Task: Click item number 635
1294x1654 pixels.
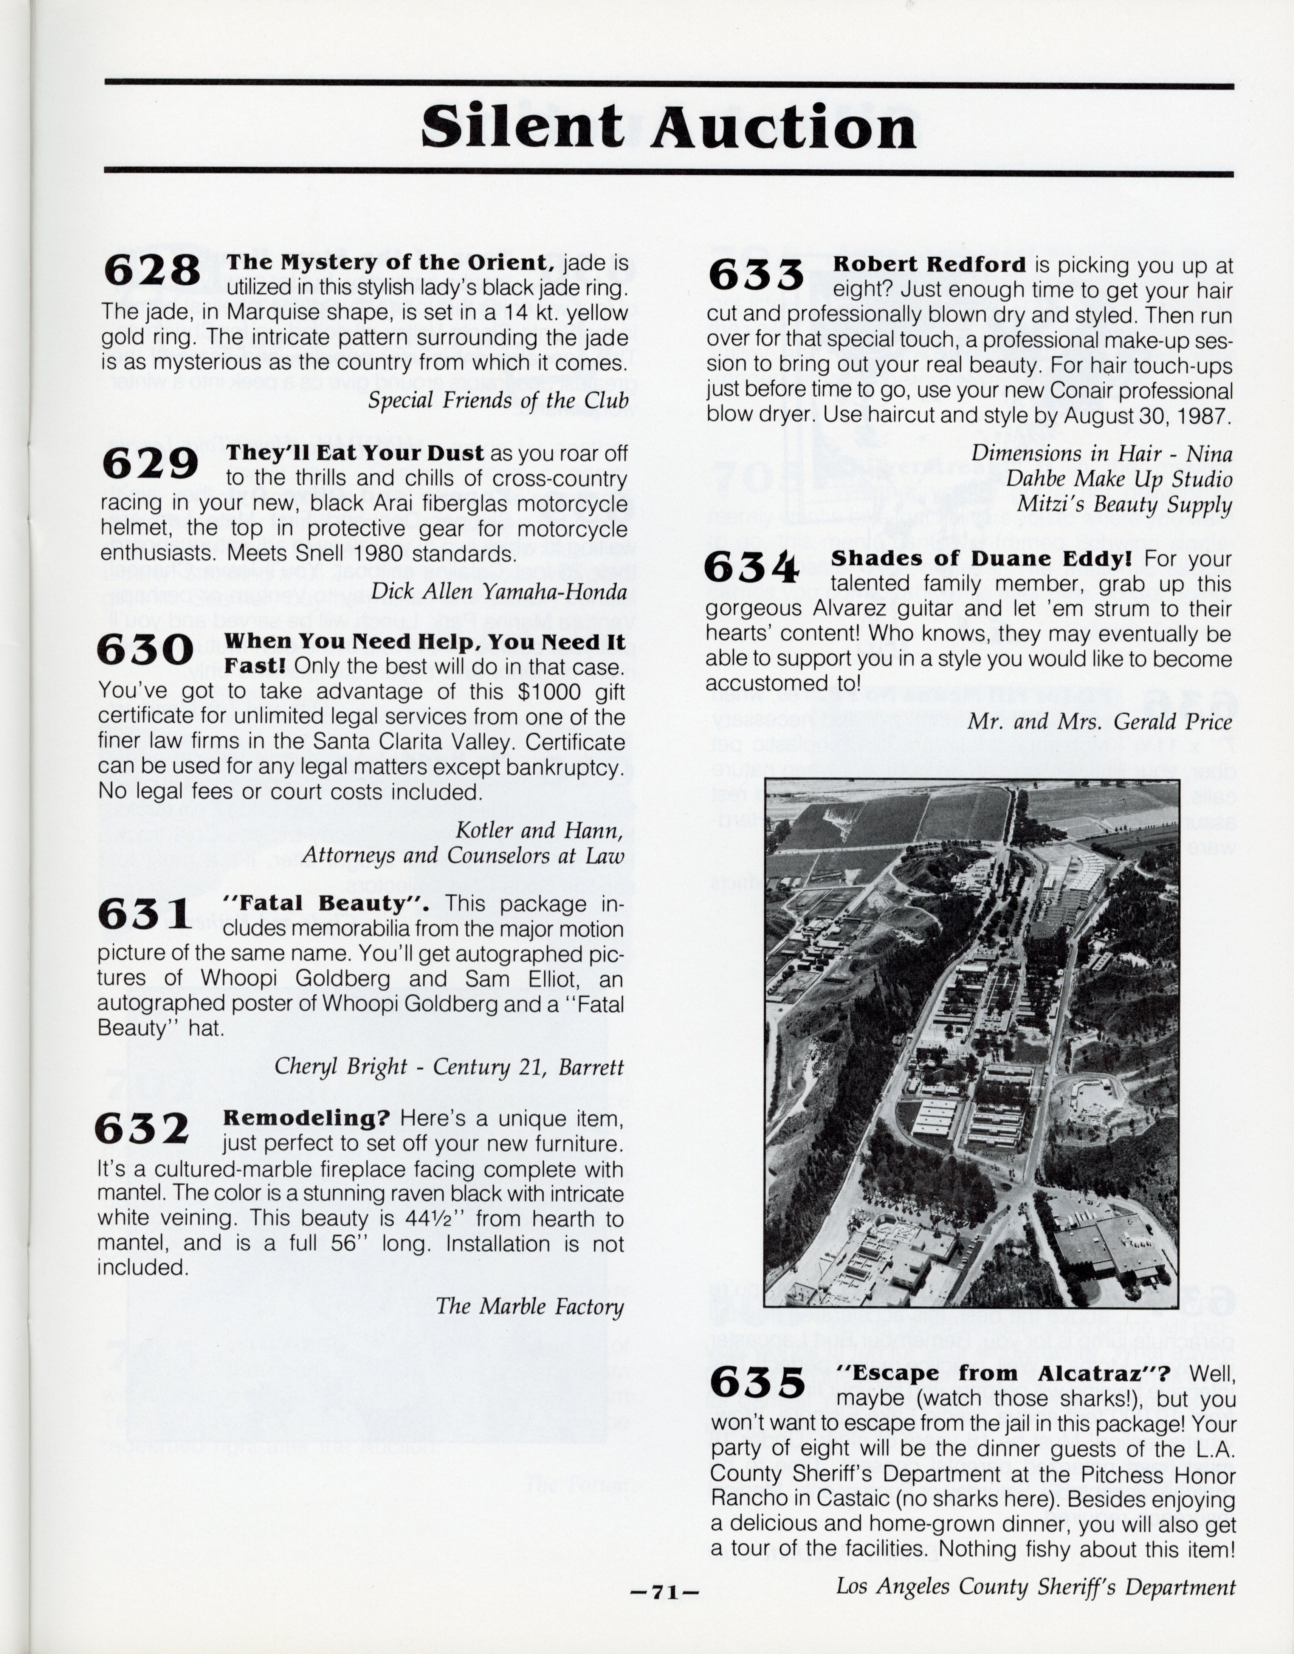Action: [x=758, y=1384]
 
